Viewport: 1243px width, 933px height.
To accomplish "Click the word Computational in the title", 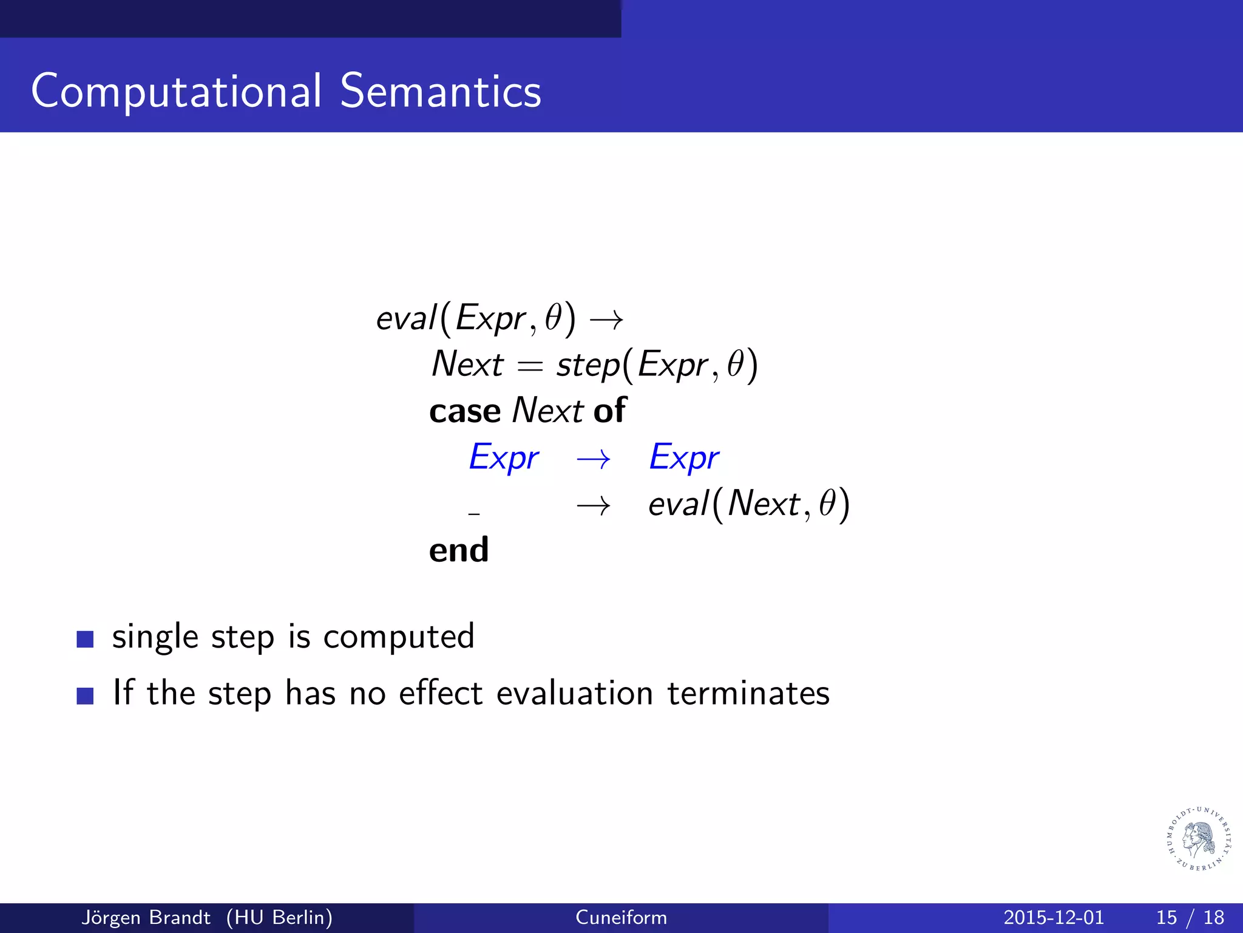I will [176, 91].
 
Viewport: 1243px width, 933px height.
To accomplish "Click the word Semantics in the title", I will [440, 91].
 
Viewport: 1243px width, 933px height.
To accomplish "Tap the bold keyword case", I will [464, 412].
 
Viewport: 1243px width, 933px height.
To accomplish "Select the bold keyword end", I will [458, 550].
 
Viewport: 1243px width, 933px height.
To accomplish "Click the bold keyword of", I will [609, 411].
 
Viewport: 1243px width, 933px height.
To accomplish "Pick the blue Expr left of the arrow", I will [504, 458].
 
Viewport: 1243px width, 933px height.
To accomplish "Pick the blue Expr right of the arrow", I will [684, 458].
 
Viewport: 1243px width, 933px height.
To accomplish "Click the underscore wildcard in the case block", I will [474, 514].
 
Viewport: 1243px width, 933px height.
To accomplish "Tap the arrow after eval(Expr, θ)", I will [606, 320].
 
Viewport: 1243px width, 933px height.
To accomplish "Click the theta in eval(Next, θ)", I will [827, 504].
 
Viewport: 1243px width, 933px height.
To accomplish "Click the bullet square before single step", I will [85, 639].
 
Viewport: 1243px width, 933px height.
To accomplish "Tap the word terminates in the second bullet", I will [748, 694].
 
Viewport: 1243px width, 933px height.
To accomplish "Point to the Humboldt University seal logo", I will [1199, 839].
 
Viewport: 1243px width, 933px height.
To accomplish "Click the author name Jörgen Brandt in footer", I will [146, 917].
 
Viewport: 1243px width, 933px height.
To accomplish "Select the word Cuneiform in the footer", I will [621, 917].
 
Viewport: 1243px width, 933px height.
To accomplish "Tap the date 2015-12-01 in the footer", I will [1053, 917].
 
